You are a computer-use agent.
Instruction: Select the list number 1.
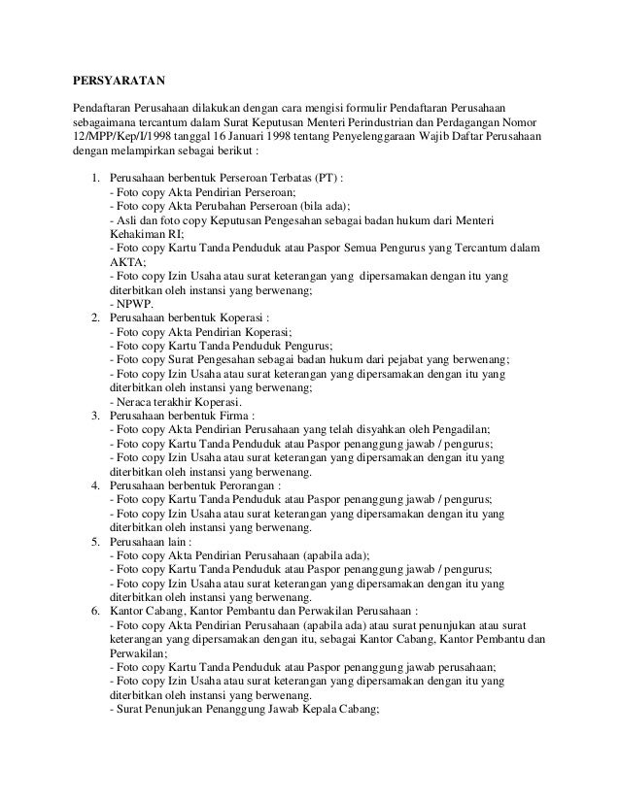click(x=94, y=180)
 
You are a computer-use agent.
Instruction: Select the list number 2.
click(x=94, y=317)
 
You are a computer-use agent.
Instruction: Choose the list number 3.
click(x=94, y=415)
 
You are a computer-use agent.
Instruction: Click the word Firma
click(x=237, y=415)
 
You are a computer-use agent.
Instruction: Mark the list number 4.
click(x=94, y=484)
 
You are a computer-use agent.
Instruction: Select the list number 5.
click(x=94, y=539)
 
